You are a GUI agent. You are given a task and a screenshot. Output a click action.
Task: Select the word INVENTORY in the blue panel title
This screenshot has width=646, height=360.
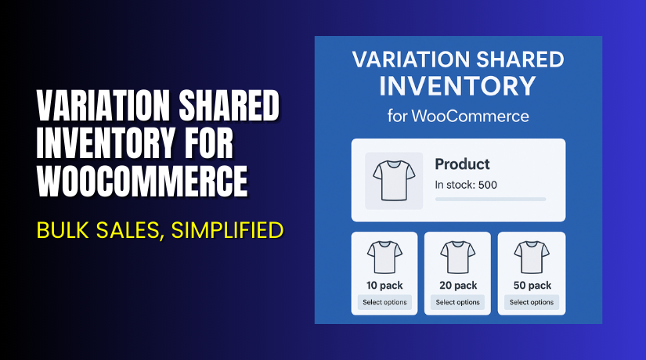[458, 85]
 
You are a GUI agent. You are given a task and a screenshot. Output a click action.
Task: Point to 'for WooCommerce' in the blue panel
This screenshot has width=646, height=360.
[458, 117]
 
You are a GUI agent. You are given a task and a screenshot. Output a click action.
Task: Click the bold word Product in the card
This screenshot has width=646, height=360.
[462, 164]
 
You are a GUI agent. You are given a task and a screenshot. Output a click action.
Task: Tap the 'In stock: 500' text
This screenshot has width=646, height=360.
[466, 185]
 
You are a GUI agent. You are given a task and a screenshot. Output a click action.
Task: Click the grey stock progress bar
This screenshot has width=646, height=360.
[490, 199]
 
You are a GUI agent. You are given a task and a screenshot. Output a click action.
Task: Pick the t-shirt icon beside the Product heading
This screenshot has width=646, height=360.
[394, 181]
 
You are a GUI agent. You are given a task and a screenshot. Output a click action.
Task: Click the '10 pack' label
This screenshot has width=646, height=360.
[384, 286]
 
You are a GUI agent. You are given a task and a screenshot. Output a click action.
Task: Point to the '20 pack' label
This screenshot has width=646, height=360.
[458, 286]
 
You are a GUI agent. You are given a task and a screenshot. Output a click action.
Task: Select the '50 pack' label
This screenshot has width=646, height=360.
[532, 286]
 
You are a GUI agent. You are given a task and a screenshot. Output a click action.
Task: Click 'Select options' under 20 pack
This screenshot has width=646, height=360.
[458, 302]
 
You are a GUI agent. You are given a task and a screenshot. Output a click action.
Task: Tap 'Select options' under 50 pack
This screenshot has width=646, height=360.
[532, 302]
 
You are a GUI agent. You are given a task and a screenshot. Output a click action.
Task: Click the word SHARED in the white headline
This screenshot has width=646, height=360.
[228, 107]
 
